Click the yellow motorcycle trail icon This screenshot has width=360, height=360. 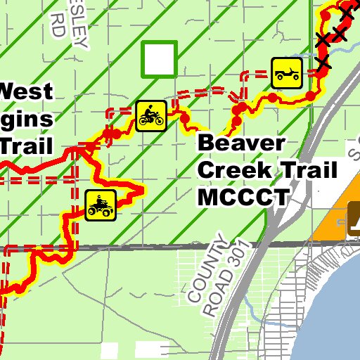click(150, 115)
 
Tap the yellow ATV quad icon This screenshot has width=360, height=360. click(101, 205)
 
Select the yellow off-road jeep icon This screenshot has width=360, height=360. click(288, 72)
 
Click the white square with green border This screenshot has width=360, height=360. click(160, 59)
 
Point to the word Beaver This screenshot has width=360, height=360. click(242, 143)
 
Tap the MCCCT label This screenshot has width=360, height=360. click(243, 197)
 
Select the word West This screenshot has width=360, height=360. click(27, 91)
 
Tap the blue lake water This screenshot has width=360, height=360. click(330, 316)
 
